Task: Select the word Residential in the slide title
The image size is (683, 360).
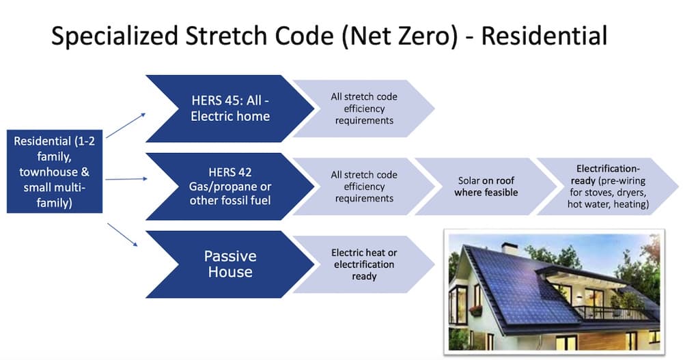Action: click(544, 36)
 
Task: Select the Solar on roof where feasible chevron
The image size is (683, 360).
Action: click(485, 186)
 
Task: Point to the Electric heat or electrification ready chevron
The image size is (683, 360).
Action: click(363, 264)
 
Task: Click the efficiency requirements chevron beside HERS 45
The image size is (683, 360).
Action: click(363, 108)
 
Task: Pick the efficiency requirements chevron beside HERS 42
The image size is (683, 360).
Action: click(363, 186)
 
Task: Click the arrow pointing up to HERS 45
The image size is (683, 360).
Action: click(126, 126)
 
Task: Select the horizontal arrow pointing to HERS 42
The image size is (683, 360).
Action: click(126, 180)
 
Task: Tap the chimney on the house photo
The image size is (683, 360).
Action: click(510, 248)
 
